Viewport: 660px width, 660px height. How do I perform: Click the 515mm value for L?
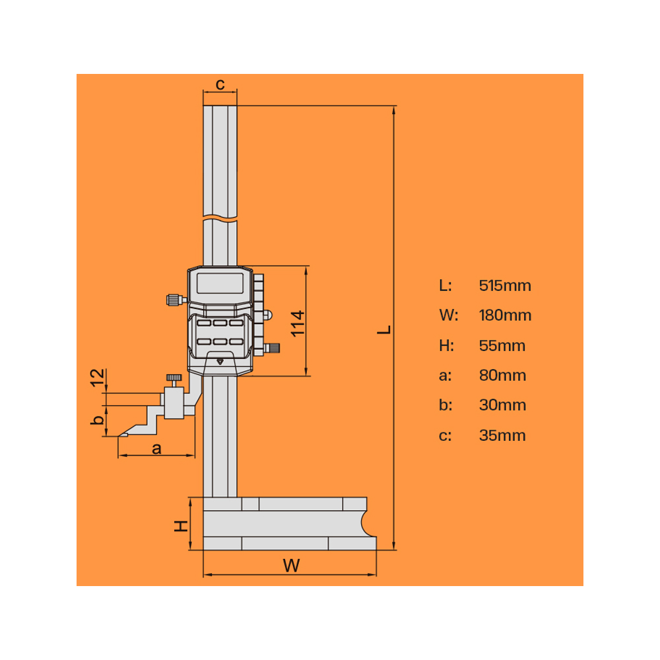(505, 286)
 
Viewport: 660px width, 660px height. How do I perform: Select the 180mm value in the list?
(505, 315)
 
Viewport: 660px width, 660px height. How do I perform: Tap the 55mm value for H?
(502, 346)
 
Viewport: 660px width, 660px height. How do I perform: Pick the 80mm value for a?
(502, 376)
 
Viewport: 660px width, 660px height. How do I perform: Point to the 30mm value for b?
(502, 405)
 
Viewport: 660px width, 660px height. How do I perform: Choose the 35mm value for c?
(502, 436)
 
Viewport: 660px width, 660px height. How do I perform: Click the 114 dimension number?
(298, 323)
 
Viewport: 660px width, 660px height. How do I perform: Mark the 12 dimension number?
(97, 379)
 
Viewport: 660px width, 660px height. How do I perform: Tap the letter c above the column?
(220, 84)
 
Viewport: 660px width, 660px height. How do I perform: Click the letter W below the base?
(290, 565)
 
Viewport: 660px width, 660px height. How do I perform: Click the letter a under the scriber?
(156, 448)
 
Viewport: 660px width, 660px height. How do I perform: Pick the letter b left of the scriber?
(97, 419)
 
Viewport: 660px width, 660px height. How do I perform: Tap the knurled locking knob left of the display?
(174, 300)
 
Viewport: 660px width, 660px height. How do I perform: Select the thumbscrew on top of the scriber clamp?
(174, 378)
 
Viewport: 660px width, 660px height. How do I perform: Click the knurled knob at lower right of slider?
(272, 347)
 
